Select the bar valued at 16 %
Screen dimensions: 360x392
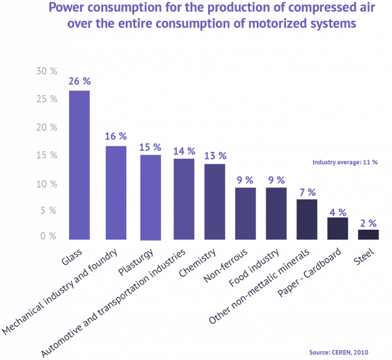[116, 193]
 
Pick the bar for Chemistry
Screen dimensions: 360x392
[215, 202]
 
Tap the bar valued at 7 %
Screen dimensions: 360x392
[307, 220]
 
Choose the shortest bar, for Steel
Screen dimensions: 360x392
[368, 234]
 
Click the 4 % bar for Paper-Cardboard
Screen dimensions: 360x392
[338, 229]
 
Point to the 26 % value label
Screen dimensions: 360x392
[79, 81]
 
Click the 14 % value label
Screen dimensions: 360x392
[184, 151]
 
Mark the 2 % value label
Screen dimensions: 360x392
[368, 222]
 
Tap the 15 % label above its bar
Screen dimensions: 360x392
[150, 147]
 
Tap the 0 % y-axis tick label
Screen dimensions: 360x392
[49, 236]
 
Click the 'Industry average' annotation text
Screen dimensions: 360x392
[339, 163]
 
